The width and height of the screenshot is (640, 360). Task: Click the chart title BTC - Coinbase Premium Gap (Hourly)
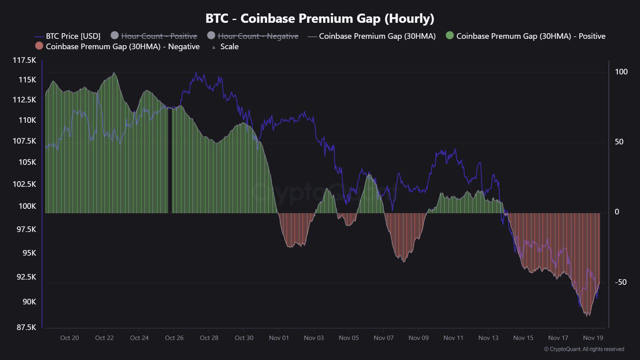320,18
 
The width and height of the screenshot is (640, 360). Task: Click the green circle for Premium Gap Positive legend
450,36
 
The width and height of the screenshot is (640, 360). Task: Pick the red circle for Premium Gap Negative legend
39,46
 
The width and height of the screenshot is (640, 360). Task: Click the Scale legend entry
229,46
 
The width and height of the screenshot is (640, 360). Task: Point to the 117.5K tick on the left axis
24,60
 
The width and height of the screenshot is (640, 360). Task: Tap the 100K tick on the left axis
27,206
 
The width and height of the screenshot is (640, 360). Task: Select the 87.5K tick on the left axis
26,327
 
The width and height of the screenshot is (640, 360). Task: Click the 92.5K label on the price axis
26,277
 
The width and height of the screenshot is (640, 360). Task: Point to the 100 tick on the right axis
621,72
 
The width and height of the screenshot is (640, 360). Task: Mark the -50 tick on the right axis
620,282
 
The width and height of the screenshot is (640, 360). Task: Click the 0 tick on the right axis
617,212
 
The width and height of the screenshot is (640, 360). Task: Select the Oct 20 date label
70,338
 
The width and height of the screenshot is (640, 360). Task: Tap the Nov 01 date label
279,338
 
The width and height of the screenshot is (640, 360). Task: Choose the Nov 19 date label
593,338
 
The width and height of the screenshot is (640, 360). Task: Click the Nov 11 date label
453,338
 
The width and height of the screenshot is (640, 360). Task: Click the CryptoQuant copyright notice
584,349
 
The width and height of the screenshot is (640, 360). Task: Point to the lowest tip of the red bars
587,316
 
